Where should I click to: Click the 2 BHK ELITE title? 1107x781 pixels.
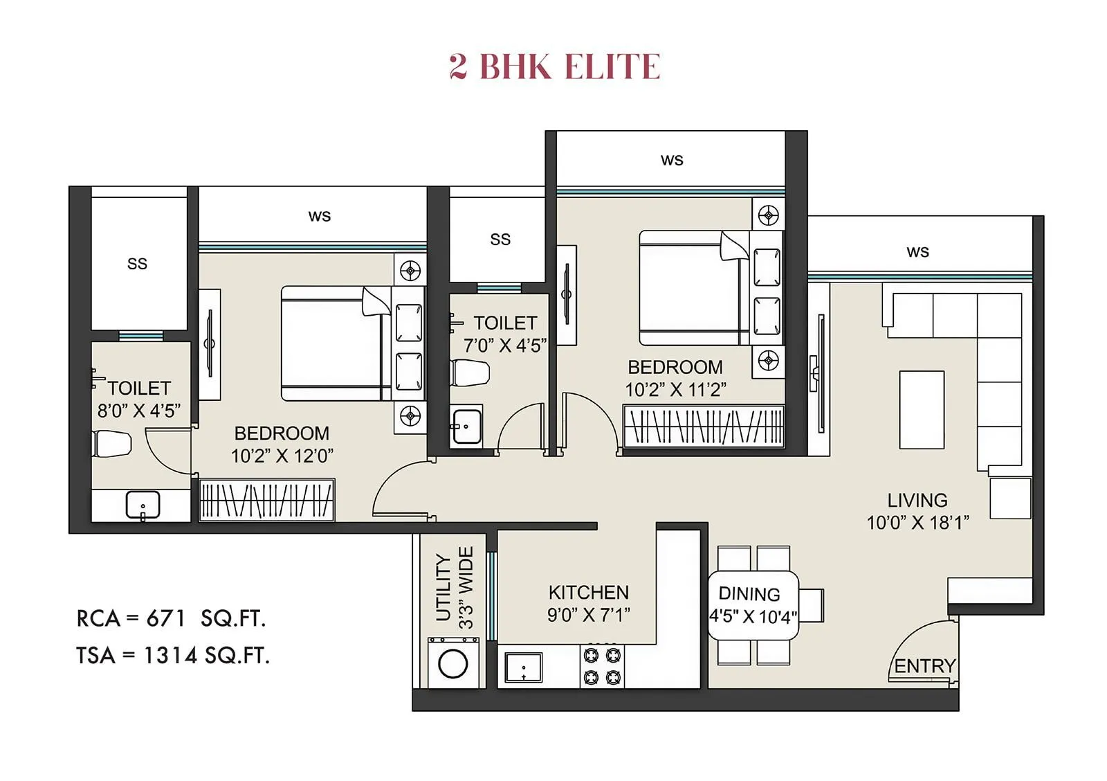pos(554,66)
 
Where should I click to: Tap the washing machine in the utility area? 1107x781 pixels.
pos(453,664)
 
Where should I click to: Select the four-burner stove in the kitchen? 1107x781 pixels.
pos(602,666)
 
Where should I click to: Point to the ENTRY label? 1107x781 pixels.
pos(924,666)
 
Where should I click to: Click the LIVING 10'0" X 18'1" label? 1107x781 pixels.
pos(917,511)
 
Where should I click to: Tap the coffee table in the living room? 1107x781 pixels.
pos(922,410)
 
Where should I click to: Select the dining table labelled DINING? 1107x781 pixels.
pos(753,605)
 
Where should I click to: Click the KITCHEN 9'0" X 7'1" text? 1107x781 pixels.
pos(588,603)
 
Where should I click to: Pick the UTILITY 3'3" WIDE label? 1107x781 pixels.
pos(455,589)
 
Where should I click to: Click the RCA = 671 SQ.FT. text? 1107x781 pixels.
pos(171,618)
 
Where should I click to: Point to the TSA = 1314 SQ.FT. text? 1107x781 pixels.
pos(173,655)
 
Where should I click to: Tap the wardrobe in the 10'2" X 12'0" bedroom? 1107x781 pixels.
pos(266,500)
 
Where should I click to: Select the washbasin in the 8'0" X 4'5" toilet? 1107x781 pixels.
pos(143,505)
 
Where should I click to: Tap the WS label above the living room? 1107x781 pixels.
pos(917,252)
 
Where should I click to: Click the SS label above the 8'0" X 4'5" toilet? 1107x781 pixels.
pos(137,264)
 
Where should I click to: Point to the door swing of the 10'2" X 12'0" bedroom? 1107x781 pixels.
pos(401,492)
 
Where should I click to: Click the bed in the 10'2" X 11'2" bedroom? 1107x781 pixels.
pos(692,288)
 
